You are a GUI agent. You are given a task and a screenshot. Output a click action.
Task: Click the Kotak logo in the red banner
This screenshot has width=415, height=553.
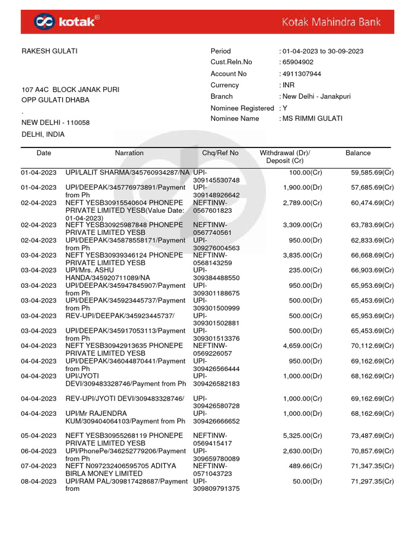66,22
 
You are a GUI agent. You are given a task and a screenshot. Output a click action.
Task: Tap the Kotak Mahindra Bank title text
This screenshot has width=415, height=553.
331,22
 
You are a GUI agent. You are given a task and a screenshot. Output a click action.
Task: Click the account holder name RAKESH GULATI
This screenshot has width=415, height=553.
49,51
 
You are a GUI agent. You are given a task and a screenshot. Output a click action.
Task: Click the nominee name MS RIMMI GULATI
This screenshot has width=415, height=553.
312,119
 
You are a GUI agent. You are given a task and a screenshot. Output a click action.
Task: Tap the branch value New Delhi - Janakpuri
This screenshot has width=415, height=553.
317,97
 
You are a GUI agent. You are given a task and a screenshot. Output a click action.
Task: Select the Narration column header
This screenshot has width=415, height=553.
129,153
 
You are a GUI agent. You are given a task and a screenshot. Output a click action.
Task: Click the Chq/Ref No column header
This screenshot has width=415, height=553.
220,153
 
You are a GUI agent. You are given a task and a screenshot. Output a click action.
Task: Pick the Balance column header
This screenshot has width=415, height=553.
358,153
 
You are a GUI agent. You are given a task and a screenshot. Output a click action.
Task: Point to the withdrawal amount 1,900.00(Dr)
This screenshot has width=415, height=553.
302,188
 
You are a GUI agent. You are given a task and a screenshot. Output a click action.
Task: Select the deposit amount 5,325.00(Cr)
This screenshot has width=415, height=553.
302,436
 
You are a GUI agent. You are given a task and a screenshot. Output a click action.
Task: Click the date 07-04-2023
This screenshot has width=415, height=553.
38,466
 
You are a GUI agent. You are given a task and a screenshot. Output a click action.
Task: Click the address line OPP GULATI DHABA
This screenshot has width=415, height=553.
55,100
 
